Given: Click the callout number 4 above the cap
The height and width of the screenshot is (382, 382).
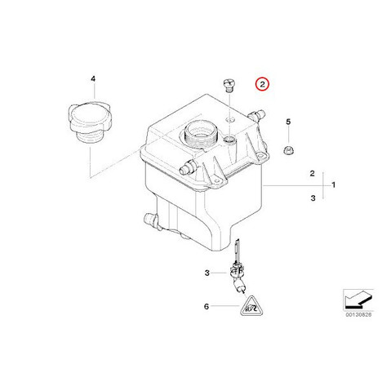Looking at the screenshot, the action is pyautogui.click(x=93, y=79).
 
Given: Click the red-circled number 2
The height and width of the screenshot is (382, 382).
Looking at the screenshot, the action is pyautogui.click(x=262, y=84).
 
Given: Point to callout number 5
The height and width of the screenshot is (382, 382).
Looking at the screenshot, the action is pyautogui.click(x=288, y=122).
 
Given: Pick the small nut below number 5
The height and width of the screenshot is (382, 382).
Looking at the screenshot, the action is pyautogui.click(x=288, y=150).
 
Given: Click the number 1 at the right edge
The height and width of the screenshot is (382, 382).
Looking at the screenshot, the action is pyautogui.click(x=334, y=185).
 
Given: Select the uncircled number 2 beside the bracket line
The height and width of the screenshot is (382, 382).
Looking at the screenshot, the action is pyautogui.click(x=313, y=173).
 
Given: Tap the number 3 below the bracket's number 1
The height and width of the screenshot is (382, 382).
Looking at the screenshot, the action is pyautogui.click(x=313, y=198).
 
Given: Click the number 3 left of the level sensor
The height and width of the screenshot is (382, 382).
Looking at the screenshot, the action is pyautogui.click(x=207, y=273).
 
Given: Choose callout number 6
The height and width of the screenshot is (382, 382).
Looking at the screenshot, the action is pyautogui.click(x=207, y=307).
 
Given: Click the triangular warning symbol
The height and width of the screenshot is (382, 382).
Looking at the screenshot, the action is pyautogui.click(x=252, y=307).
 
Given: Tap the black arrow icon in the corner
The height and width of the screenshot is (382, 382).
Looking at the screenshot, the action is pyautogui.click(x=358, y=299).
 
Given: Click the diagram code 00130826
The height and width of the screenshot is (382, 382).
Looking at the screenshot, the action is pyautogui.click(x=358, y=315).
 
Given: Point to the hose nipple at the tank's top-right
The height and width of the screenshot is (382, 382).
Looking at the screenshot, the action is pyautogui.click(x=257, y=115).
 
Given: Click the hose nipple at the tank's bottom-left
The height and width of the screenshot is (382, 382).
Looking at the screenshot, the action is pyautogui.click(x=150, y=220).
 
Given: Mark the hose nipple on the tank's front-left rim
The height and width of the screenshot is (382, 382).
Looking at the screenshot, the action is pyautogui.click(x=188, y=167).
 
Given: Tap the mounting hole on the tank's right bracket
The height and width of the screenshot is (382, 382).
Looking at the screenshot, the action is pyautogui.click(x=262, y=156).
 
